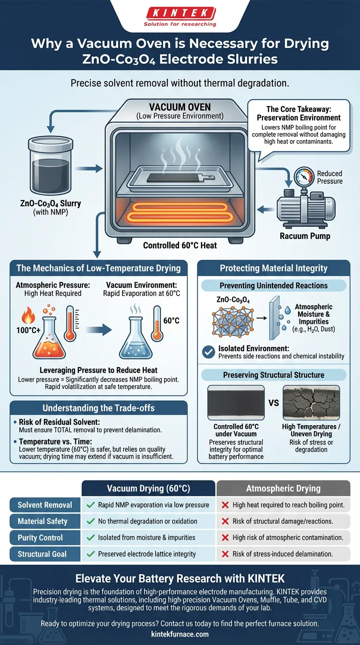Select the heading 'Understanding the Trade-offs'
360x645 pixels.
click(x=98, y=407)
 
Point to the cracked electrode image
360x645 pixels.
click(x=309, y=402)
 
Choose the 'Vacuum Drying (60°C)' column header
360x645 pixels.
click(x=148, y=488)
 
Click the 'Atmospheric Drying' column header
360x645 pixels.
click(x=283, y=488)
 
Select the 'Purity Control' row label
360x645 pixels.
click(x=40, y=537)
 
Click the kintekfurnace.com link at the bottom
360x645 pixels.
click(x=180, y=634)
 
